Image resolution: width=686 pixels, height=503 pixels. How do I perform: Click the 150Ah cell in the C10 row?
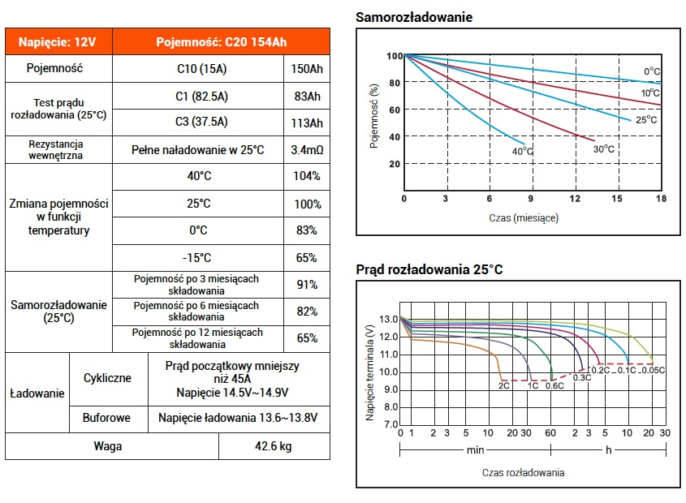coord(307,69)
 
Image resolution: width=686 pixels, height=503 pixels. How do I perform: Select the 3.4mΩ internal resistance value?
coord(307,150)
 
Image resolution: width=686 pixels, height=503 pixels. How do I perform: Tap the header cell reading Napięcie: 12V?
coord(58,42)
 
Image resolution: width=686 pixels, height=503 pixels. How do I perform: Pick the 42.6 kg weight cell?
coord(274,446)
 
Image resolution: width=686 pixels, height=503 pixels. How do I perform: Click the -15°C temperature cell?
coord(198,258)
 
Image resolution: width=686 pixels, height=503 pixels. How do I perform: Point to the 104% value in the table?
coord(307,176)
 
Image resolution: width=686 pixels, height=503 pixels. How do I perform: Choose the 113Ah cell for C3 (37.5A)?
coord(307,123)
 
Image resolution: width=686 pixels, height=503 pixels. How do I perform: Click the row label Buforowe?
coord(106,418)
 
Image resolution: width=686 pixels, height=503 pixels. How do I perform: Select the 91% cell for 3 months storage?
coord(307,285)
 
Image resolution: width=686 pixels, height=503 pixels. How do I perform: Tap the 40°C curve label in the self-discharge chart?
coord(522,152)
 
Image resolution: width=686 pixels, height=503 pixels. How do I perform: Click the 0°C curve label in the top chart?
coord(652,71)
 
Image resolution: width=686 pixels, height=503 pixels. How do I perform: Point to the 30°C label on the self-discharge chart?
coord(604,149)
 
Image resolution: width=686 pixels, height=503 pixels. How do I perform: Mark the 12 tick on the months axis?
coord(575,199)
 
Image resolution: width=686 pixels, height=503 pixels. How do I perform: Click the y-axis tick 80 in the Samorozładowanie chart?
coord(395,83)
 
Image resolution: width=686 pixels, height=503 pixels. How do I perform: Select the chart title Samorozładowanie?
coord(414,17)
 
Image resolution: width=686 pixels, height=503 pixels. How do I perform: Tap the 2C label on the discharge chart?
coord(504,386)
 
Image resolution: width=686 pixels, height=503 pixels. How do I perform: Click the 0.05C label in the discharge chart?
coord(654,370)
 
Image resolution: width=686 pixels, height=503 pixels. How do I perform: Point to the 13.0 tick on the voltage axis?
coord(389,319)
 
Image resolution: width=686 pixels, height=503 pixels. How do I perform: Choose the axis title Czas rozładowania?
coord(524,472)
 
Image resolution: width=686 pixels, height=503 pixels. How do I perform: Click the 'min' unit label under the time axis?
coord(475,449)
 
